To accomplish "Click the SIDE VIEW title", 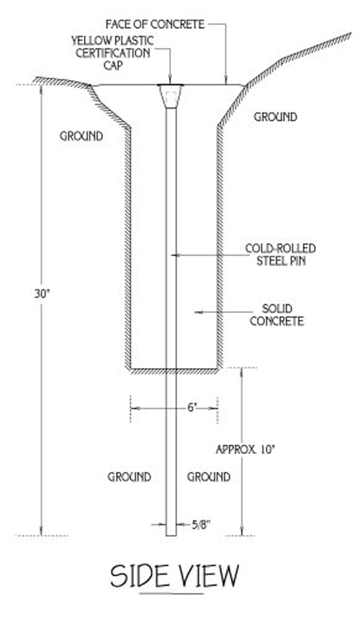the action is click(x=175, y=576).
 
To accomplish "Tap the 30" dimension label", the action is click(x=41, y=294).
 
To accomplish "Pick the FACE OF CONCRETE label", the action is click(x=155, y=25).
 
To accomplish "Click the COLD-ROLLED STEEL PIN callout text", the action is click(x=281, y=255).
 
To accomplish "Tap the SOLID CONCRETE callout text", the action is click(x=277, y=315).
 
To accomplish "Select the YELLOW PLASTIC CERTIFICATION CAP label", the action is click(x=113, y=52).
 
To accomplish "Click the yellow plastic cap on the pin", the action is click(x=171, y=95).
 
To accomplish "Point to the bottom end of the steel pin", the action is click(x=171, y=536).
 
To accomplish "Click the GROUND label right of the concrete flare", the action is click(x=275, y=117).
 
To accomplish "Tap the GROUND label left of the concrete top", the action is click(x=81, y=137).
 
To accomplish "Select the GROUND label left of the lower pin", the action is click(x=129, y=477).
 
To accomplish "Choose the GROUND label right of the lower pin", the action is click(x=209, y=477).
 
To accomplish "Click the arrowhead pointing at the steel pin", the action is click(x=175, y=255).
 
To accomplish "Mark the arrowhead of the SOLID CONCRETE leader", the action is click(x=199, y=312).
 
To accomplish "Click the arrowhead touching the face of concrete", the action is click(x=225, y=80).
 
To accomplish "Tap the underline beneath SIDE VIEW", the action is click(x=172, y=593).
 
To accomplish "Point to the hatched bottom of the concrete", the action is click(x=175, y=371).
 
